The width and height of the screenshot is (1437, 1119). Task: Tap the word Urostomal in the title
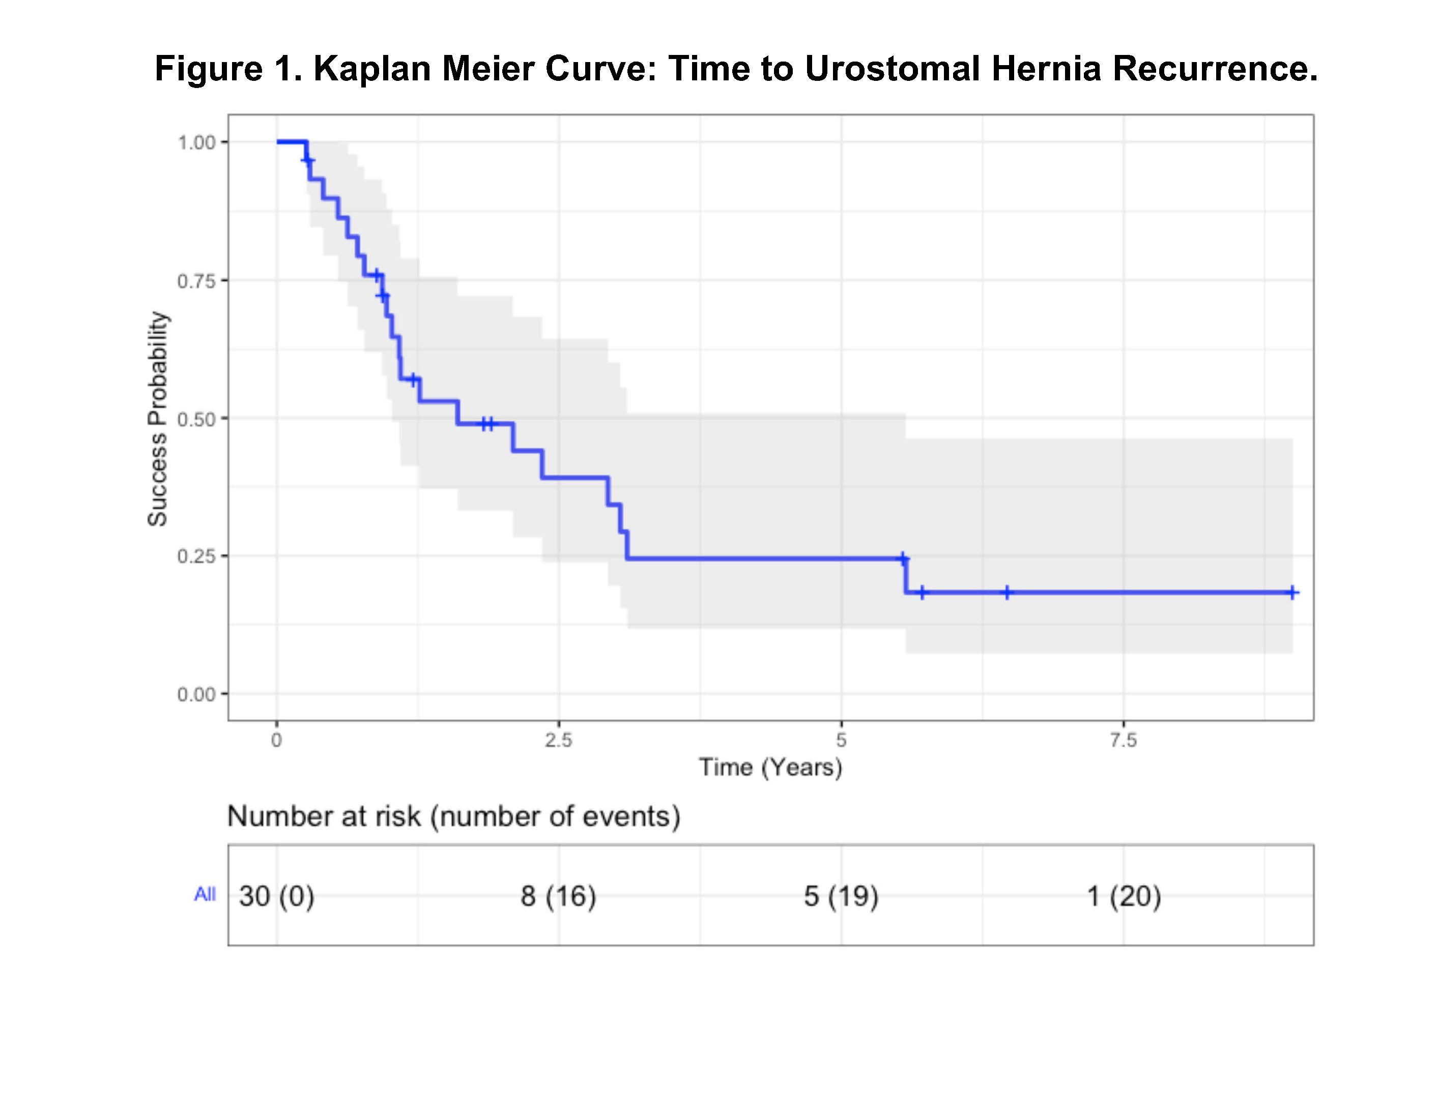pyautogui.click(x=892, y=69)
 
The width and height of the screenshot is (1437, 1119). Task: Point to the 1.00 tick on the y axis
pyautogui.click(x=197, y=142)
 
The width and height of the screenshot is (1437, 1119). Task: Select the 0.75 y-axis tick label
pyautogui.click(x=197, y=281)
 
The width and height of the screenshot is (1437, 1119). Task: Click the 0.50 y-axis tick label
pyautogui.click(x=197, y=419)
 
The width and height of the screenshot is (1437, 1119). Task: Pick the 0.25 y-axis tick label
pyautogui.click(x=197, y=556)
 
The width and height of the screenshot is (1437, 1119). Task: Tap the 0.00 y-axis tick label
pyautogui.click(x=197, y=695)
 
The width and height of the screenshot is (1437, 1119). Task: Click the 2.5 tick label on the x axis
pyautogui.click(x=559, y=741)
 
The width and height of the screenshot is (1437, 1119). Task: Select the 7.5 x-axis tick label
pyautogui.click(x=1123, y=741)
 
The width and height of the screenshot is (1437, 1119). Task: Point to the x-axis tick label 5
pyautogui.click(x=841, y=741)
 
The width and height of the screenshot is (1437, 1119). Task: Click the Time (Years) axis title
pyautogui.click(x=770, y=768)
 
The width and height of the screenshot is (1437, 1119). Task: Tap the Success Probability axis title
pyautogui.click(x=158, y=419)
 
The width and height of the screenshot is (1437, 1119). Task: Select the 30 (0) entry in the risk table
pyautogui.click(x=276, y=897)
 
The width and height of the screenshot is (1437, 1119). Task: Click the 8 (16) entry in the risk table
pyautogui.click(x=559, y=897)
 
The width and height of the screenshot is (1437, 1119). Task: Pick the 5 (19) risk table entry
pyautogui.click(x=841, y=897)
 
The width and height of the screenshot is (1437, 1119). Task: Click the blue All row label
pyautogui.click(x=205, y=895)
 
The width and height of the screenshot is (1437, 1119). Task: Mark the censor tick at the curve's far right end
pyautogui.click(x=1292, y=593)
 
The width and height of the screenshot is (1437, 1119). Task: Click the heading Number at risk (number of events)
pyautogui.click(x=454, y=817)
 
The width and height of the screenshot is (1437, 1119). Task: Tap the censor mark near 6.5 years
pyautogui.click(x=1007, y=593)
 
